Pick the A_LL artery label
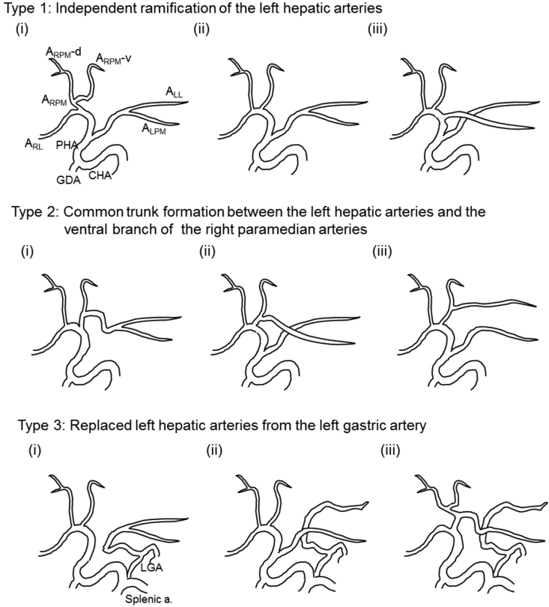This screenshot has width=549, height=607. [x=175, y=92]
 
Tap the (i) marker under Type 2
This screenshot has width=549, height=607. [x=28, y=251]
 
